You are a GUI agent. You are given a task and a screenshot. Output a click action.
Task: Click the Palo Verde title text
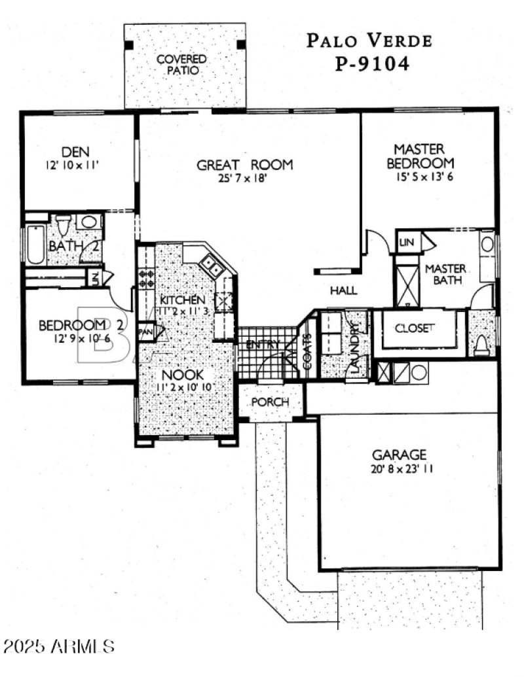click(369, 41)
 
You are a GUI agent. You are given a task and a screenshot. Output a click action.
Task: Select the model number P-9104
click(369, 64)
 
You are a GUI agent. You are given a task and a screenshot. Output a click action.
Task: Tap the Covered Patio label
click(181, 64)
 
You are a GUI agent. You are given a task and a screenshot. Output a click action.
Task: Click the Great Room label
click(244, 165)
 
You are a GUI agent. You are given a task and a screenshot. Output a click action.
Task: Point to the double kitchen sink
click(211, 264)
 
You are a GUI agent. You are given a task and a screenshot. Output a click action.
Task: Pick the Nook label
click(184, 376)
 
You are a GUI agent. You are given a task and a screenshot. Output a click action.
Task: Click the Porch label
click(270, 402)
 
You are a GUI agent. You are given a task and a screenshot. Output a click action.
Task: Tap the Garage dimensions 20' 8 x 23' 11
click(400, 468)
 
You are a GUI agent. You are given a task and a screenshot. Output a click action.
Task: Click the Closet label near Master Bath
click(414, 329)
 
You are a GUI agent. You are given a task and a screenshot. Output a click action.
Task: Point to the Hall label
click(343, 291)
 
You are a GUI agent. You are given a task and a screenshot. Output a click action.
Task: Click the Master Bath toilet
click(481, 343)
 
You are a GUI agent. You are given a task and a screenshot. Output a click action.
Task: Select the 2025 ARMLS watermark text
click(59, 647)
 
